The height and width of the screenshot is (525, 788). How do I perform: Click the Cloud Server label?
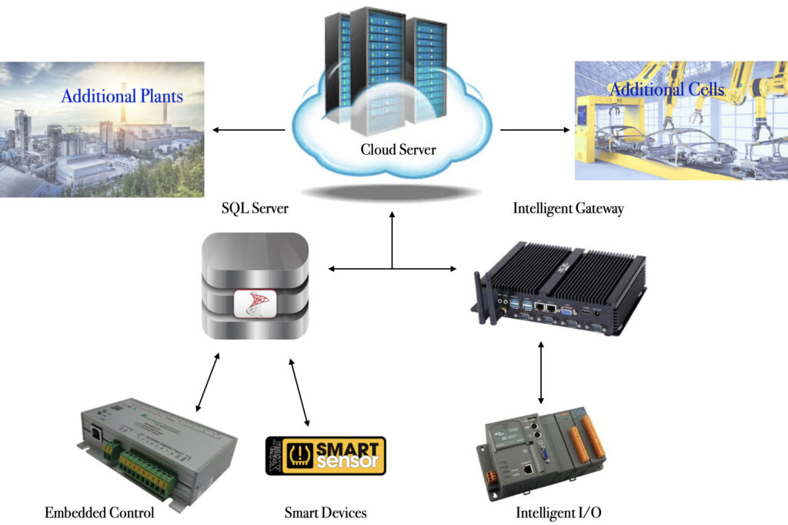click(x=398, y=149)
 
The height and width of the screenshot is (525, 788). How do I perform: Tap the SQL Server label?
click(x=255, y=208)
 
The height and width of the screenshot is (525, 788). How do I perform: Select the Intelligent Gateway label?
click(x=567, y=208)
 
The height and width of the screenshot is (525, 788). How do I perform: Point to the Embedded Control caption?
click(x=99, y=513)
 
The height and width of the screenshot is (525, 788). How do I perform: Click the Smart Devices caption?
click(x=326, y=513)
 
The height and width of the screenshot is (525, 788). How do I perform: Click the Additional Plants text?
click(x=122, y=96)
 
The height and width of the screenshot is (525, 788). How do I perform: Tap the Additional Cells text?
click(x=666, y=90)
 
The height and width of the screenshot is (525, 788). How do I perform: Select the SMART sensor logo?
click(x=326, y=456)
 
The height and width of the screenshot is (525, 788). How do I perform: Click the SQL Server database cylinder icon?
click(x=255, y=286)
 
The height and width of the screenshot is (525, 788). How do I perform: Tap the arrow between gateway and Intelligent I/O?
click(x=541, y=373)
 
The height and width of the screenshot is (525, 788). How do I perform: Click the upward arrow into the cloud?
click(x=392, y=239)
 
